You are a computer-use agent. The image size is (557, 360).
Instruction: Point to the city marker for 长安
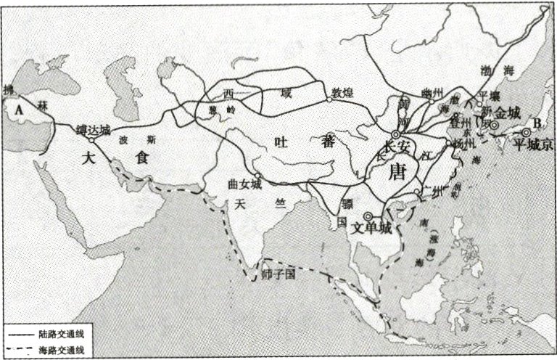(396, 135)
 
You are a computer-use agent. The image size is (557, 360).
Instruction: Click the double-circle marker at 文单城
(368, 216)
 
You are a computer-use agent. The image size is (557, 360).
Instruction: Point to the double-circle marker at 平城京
(525, 134)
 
